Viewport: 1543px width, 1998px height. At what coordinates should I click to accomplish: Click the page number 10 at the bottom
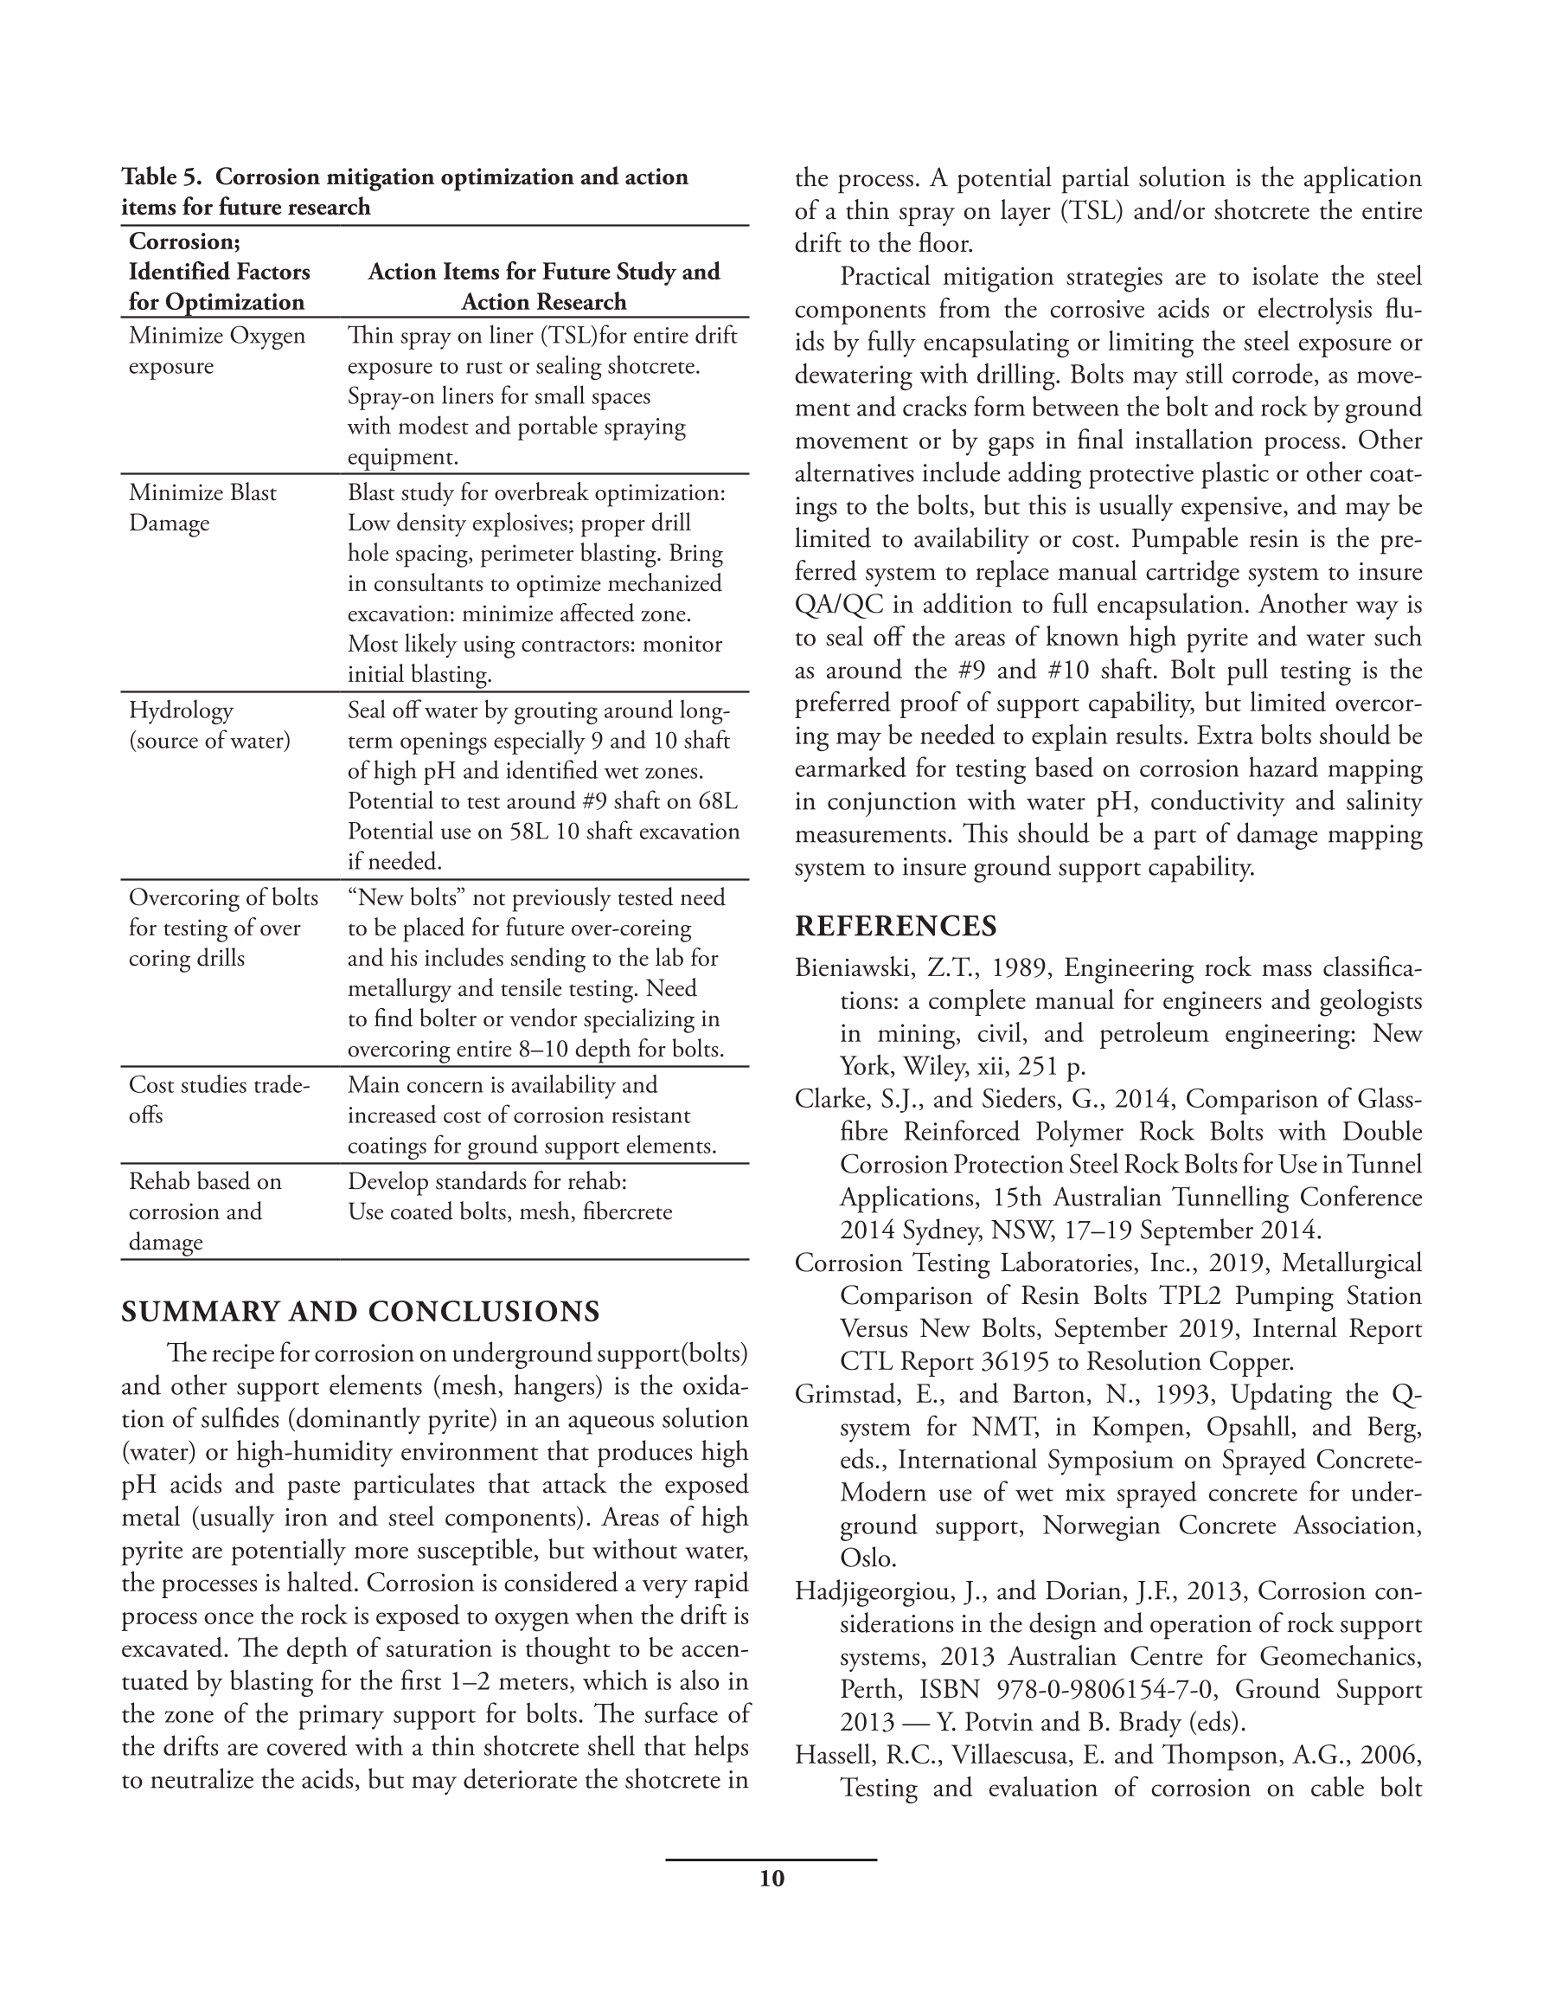(771, 1879)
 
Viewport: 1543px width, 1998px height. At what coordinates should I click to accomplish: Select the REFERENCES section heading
(895, 926)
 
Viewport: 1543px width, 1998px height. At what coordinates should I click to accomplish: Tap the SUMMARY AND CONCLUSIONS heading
(361, 1311)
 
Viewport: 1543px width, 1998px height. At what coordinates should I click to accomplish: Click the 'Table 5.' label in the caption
(161, 177)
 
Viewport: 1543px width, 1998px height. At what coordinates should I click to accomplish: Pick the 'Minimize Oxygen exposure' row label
(217, 350)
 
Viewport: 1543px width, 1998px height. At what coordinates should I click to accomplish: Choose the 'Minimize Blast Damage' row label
(202, 508)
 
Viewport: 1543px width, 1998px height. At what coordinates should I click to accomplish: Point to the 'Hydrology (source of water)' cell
(208, 725)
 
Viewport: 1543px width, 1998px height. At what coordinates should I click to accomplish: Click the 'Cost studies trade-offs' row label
(219, 1100)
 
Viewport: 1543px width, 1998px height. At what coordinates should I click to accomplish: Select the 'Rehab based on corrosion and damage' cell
(205, 1211)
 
